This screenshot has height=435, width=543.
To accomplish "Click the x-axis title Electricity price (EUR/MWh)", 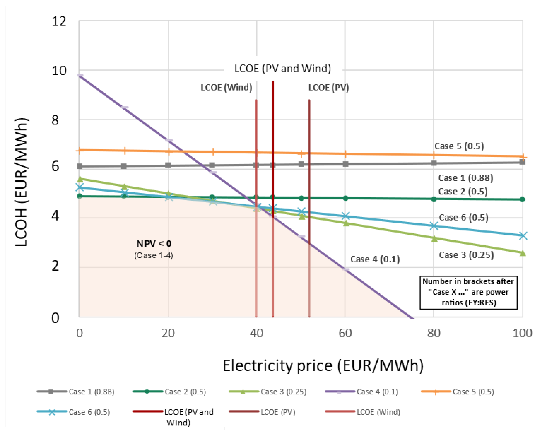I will [323, 366].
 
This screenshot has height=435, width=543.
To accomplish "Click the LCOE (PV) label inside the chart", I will [328, 88].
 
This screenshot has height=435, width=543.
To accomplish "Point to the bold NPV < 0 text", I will [154, 244].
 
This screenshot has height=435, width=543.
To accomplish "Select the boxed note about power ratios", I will [468, 292].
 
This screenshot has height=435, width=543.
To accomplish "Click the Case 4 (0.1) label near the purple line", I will [375, 259].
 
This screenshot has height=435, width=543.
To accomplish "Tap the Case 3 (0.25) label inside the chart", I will [466, 255].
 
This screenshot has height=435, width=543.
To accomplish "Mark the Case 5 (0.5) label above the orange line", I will [459, 146].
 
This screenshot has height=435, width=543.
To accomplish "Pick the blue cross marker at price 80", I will [434, 226].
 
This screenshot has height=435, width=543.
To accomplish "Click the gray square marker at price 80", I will [434, 163].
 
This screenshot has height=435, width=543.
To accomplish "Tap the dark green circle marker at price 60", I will [346, 198].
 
